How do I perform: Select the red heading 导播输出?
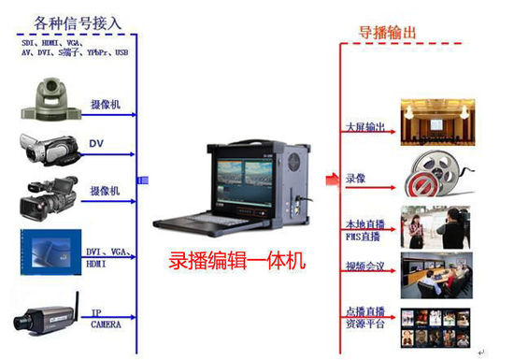(x=389, y=34)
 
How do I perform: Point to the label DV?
(x=96, y=144)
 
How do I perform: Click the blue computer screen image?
(x=46, y=252)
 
